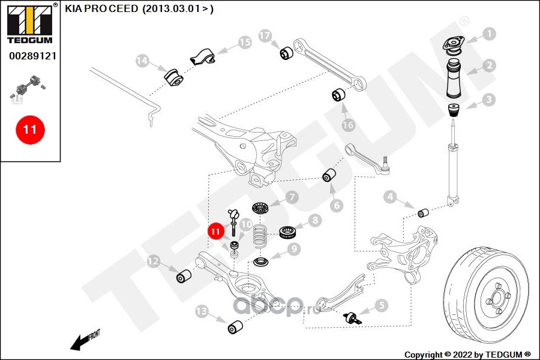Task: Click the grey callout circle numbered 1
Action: coord(490,34)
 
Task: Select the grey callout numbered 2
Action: coord(490,66)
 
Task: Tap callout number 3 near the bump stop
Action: coord(490,99)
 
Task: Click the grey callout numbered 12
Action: coord(153,260)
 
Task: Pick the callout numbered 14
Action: coord(142,61)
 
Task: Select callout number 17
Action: coord(265,36)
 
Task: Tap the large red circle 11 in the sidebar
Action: coord(30,129)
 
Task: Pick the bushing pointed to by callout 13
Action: coord(236,327)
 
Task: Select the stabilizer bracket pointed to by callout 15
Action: coord(202,58)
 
